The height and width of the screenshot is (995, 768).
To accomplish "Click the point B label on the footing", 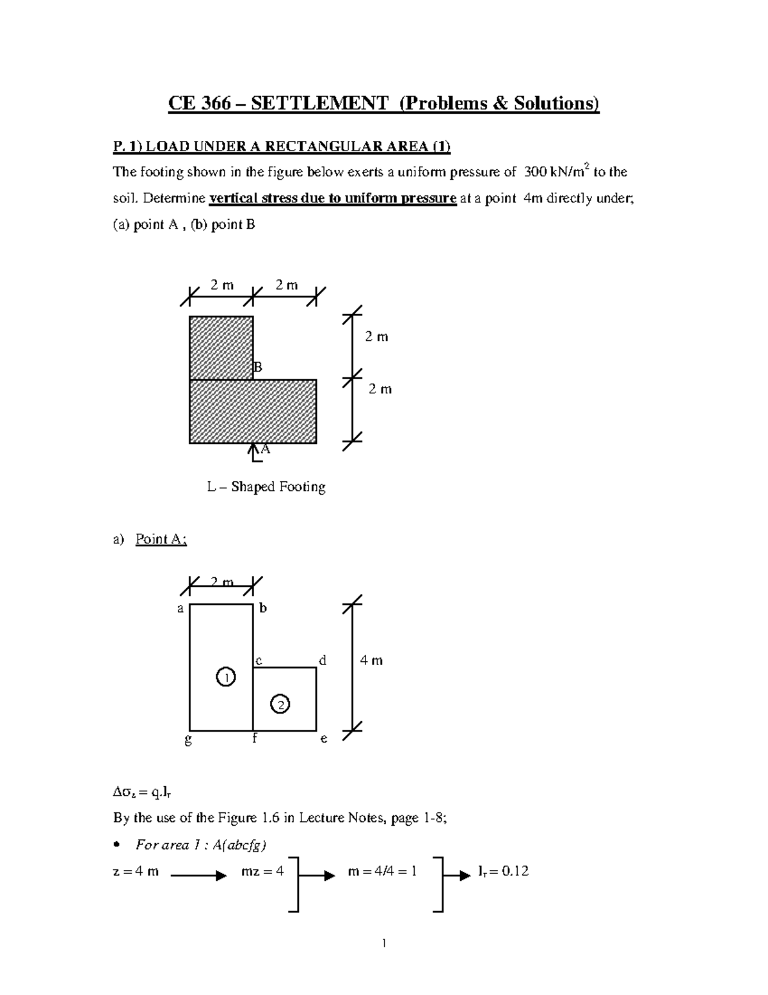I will point(258,367).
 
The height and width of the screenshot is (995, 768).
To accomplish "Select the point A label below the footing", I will point(265,449).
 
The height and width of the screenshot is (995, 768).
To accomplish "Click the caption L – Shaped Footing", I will point(266,487).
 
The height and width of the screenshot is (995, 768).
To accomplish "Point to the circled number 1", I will point(225,677).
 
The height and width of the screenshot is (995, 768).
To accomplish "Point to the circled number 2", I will point(280,703).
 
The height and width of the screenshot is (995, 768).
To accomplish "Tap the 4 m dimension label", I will point(371,661).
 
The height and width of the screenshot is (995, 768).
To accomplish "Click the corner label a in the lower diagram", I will point(180,609).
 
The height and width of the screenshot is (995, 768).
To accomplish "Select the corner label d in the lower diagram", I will point(323,660).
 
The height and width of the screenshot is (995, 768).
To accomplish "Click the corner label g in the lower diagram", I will point(188,739).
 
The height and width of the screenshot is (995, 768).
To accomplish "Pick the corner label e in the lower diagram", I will point(324,739).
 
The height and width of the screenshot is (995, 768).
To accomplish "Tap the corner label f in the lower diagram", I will point(254,738).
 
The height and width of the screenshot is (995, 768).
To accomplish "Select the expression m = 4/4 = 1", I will point(381,871).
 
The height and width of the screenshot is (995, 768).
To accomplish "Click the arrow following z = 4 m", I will point(198,876).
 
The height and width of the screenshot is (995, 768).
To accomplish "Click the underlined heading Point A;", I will point(161,539).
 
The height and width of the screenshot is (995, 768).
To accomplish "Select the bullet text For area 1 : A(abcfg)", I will point(201,845).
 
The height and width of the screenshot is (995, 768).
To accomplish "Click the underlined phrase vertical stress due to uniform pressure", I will point(333,198).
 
